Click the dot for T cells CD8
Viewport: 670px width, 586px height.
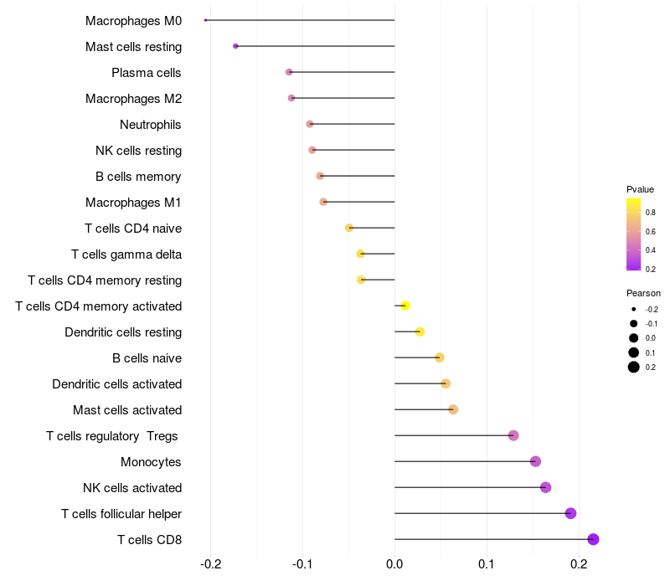(x=593, y=539)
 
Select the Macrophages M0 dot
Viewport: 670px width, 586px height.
(x=206, y=20)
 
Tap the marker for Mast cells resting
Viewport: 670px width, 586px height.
(x=235, y=46)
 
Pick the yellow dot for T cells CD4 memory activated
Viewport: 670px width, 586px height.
(x=405, y=306)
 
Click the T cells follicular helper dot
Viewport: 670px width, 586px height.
(x=570, y=513)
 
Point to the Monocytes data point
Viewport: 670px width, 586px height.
(x=535, y=461)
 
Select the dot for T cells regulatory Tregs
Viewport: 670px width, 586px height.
(x=513, y=435)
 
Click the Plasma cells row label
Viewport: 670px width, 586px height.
(x=147, y=73)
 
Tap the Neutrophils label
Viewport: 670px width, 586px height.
(x=151, y=125)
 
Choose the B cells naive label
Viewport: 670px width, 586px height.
(x=147, y=358)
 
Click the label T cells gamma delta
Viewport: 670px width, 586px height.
(x=126, y=254)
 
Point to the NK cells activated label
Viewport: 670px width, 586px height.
(x=132, y=488)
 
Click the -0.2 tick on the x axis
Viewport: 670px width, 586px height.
(x=210, y=564)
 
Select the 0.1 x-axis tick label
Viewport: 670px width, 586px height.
(x=487, y=564)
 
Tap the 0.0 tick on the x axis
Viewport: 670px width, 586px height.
(x=394, y=564)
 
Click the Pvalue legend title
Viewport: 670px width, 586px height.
(x=640, y=189)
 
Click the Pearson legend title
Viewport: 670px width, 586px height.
(x=643, y=294)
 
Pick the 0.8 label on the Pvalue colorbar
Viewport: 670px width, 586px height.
(x=650, y=213)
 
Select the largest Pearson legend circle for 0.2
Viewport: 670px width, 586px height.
(x=634, y=367)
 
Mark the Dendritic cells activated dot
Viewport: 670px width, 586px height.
(x=446, y=383)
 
